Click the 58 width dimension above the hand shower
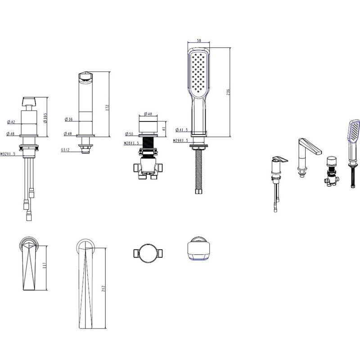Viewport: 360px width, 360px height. click(199, 40)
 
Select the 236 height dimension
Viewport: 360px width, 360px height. click(228, 92)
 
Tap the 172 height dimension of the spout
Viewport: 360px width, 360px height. click(107, 108)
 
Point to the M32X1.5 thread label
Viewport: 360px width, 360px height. click(8, 154)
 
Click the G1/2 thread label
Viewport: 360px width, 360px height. click(65, 150)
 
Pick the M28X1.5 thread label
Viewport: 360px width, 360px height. click(131, 143)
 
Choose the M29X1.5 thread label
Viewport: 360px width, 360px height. click(181, 140)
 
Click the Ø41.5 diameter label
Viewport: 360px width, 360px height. click(182, 130)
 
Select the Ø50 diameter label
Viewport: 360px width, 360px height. click(129, 134)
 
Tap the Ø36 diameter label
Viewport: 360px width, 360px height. click(69, 119)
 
